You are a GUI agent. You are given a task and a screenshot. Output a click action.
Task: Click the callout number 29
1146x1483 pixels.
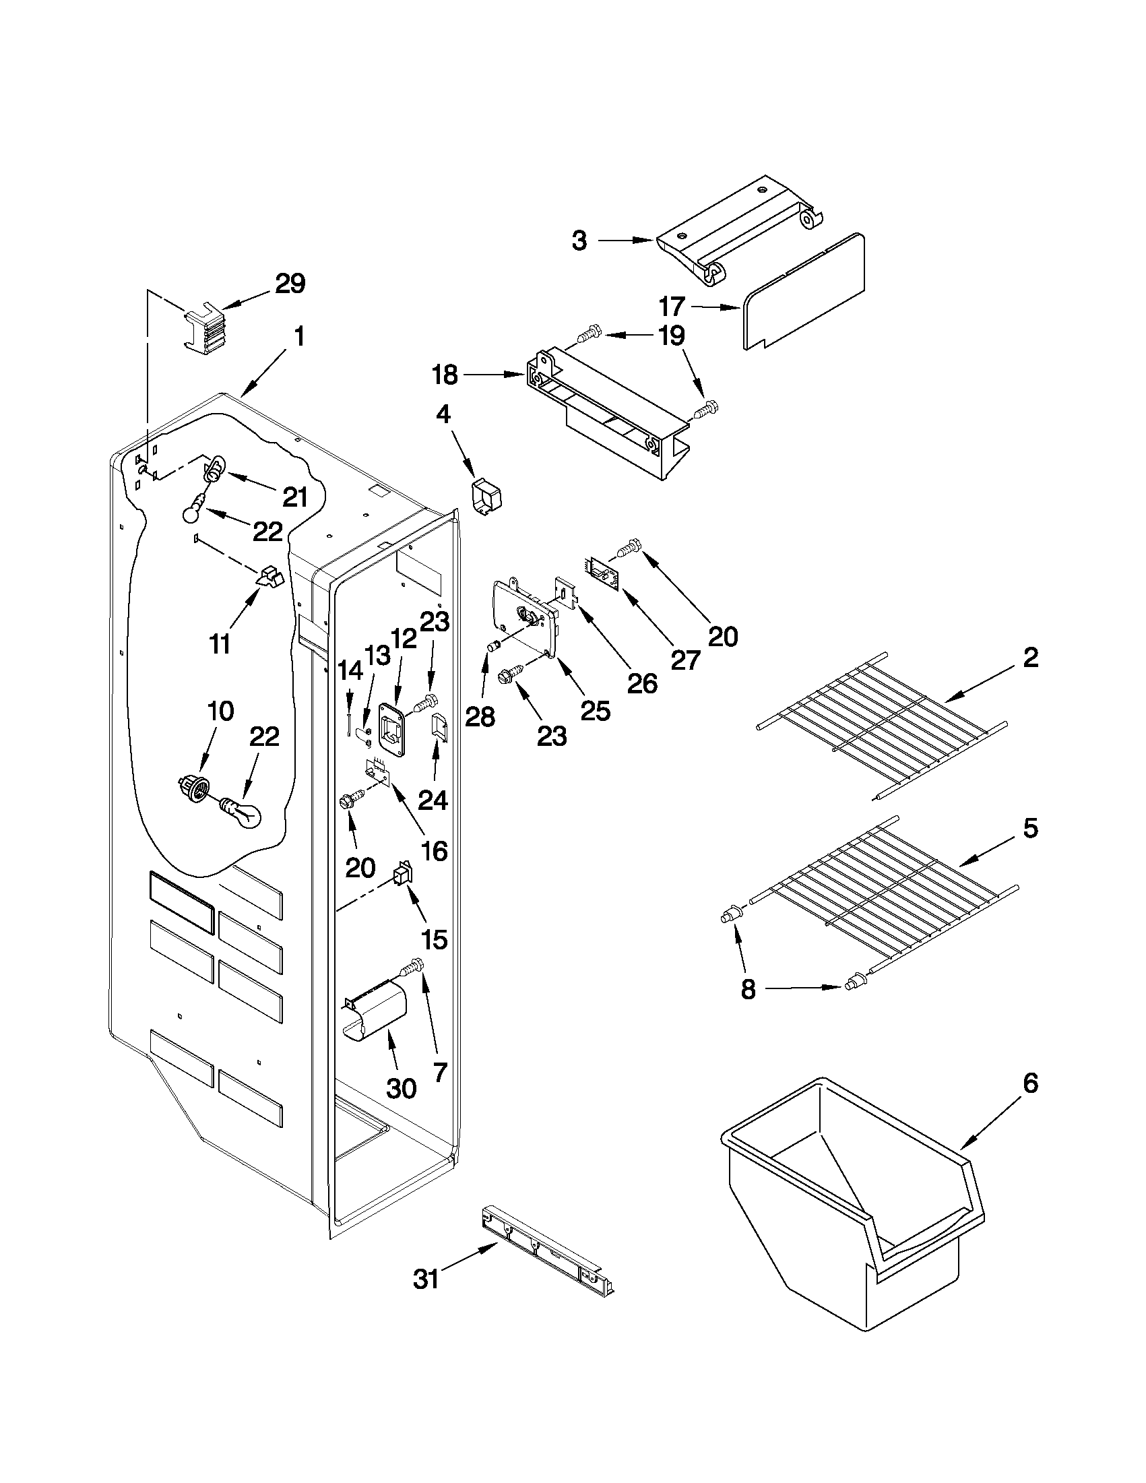tap(290, 283)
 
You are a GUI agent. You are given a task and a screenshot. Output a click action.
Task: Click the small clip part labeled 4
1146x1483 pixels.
tap(488, 499)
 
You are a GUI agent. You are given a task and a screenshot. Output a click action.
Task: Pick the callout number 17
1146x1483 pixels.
tap(672, 307)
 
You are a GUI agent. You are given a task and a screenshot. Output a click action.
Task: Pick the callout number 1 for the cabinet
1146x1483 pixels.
tap(298, 337)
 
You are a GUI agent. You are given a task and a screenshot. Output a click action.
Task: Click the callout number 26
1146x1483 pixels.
tap(641, 683)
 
